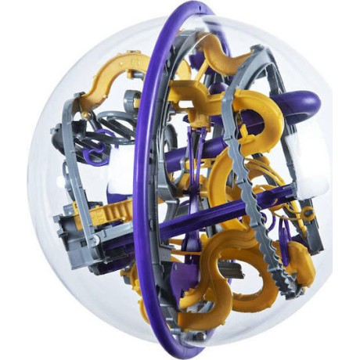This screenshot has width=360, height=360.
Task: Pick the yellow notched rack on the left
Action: pos(110,211)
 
